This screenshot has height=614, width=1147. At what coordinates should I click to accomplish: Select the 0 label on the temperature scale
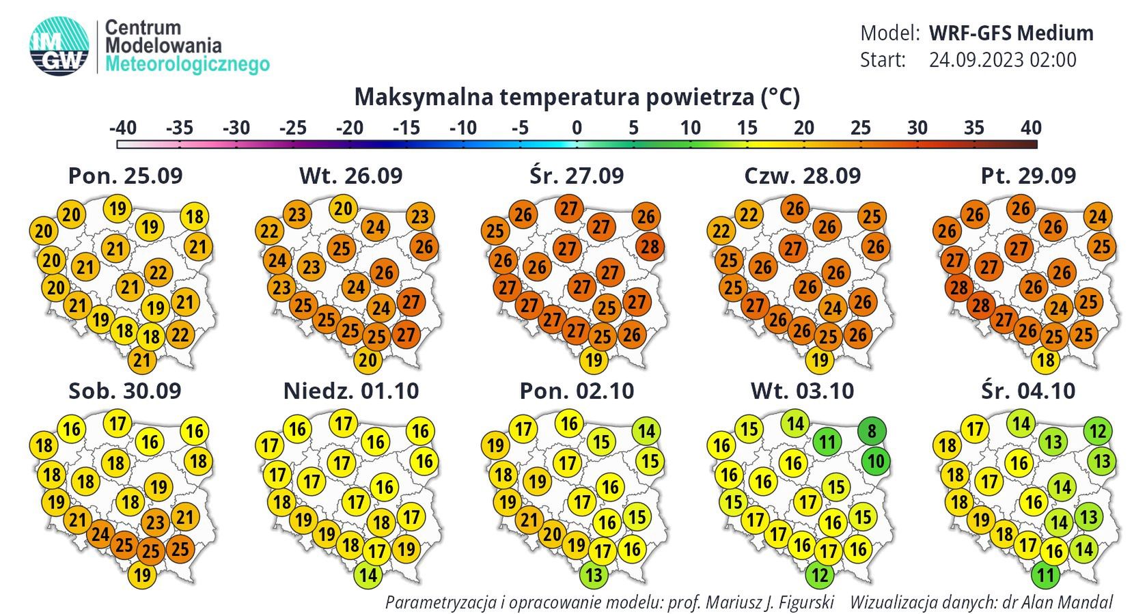click(x=577, y=128)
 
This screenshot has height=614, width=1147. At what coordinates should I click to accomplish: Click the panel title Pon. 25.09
click(x=126, y=176)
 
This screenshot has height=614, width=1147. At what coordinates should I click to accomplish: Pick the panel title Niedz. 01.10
click(x=351, y=391)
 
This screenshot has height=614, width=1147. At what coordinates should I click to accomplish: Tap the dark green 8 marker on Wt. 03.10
click(x=872, y=431)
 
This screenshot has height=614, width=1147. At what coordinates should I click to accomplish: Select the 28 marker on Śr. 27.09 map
click(x=650, y=246)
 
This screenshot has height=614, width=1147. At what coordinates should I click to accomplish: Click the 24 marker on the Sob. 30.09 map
click(x=100, y=533)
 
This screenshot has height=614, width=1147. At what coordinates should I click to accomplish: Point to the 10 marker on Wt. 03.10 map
click(x=876, y=461)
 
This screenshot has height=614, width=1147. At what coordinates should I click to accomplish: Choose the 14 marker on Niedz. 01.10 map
click(x=368, y=575)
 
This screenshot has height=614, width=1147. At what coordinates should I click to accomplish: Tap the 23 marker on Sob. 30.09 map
click(x=156, y=522)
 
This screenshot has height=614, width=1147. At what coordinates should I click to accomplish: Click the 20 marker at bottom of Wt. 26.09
click(x=368, y=360)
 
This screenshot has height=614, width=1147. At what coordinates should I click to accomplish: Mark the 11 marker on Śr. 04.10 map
click(x=1046, y=575)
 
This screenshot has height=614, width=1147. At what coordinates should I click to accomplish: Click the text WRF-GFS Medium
click(x=1011, y=33)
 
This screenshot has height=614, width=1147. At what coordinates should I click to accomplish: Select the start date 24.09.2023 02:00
click(x=1002, y=60)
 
